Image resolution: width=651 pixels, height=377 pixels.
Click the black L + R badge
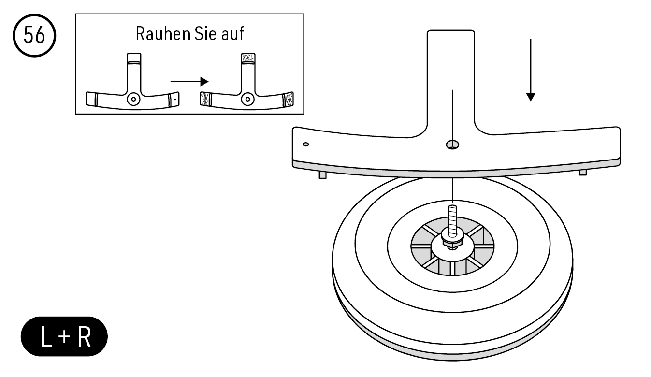coord(64,336)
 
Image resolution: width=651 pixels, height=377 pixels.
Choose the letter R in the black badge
coord(83,337)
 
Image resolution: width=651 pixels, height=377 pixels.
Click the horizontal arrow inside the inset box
coord(189,81)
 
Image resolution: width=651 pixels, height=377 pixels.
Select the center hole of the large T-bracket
coord(453,144)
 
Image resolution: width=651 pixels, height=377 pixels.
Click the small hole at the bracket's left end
coord(305,144)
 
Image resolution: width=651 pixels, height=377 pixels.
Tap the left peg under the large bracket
coord(322,174)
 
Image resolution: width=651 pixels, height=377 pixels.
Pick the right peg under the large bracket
coord(583,172)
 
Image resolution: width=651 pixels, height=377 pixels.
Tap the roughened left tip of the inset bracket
coord(205,99)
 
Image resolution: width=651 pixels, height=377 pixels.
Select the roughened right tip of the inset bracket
coord(289,99)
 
